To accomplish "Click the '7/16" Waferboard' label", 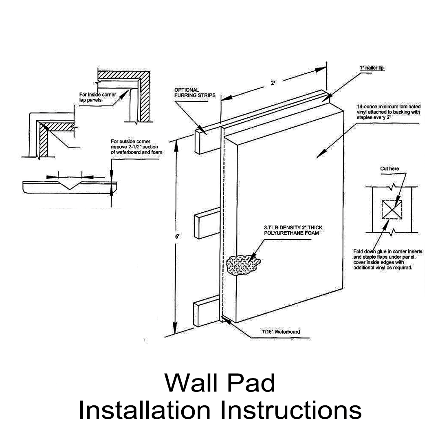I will (281, 332).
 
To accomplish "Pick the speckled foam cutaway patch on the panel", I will (243, 265).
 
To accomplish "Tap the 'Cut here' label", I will (390, 168).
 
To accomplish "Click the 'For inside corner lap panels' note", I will (97, 97).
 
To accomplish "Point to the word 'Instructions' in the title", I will (292, 410).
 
